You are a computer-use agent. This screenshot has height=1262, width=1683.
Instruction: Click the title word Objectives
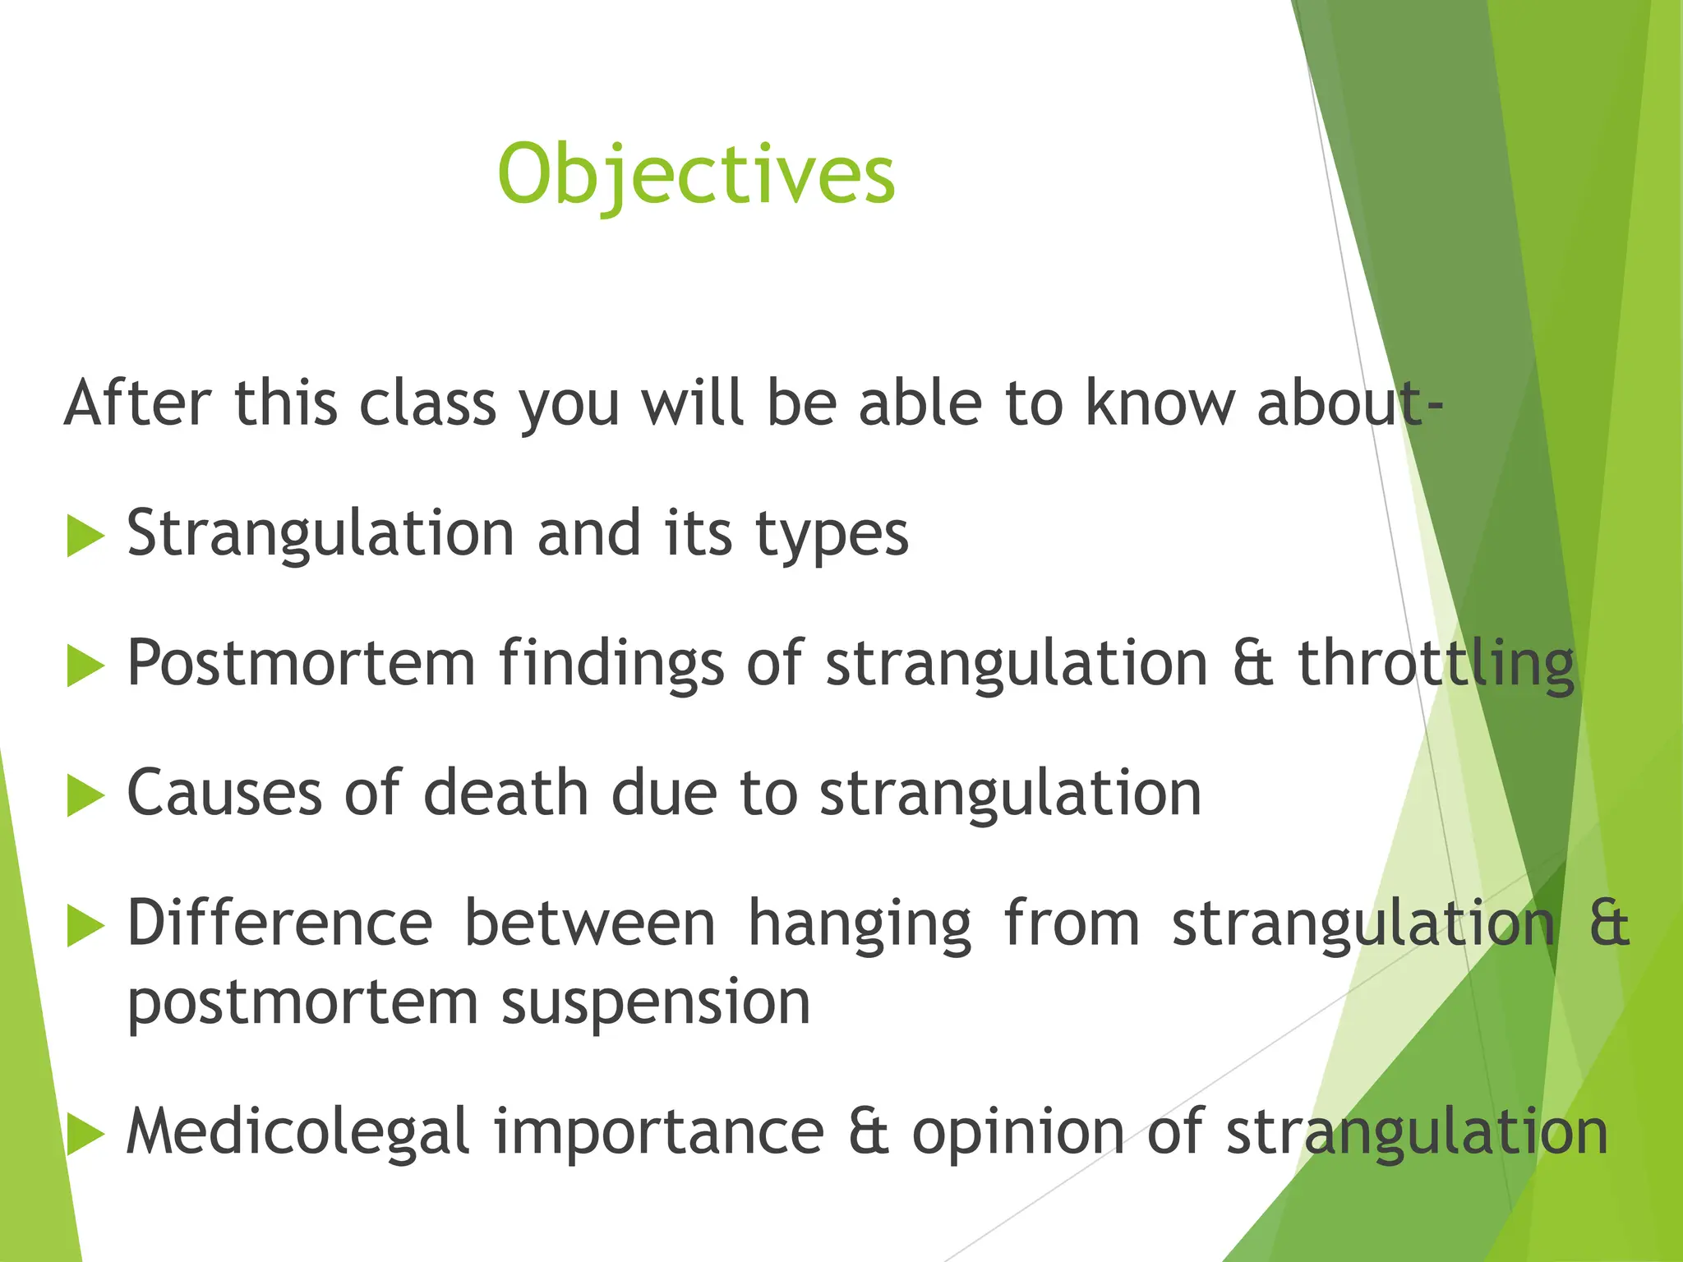pos(696,174)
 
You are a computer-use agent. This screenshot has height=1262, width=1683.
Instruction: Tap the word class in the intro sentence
pos(428,403)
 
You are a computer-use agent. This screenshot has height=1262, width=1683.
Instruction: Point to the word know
pos(1160,403)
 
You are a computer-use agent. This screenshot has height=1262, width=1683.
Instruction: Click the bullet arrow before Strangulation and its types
pos(85,536)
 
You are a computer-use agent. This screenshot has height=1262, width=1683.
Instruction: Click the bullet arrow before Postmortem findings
pos(85,666)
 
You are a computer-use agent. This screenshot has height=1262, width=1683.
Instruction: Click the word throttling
pos(1436,664)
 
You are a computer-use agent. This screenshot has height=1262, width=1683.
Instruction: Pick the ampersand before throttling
pos(1253,664)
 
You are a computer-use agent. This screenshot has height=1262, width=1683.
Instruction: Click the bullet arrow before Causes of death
pos(85,795)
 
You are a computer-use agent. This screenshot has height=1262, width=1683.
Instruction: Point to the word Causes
pos(224,794)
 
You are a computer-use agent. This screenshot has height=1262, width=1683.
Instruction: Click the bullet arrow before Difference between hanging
pos(85,926)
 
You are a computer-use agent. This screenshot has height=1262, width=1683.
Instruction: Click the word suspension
pos(656,1003)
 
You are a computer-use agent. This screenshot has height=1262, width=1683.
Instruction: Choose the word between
pos(589,923)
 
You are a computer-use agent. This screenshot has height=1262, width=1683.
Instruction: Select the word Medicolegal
pos(297,1132)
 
